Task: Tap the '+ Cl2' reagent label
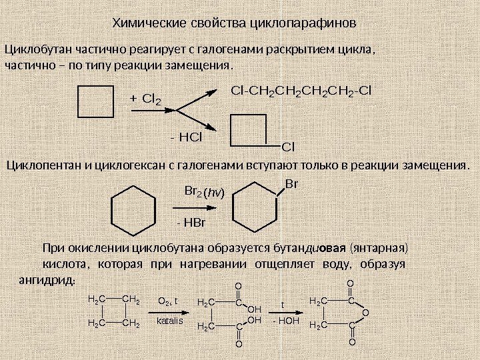pos(145,100)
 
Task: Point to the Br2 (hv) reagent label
pos(204,193)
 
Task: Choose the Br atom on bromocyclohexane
pos(291,182)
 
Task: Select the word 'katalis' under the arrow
pos(169,321)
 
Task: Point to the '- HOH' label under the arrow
pos(285,321)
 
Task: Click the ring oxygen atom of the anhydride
pos(365,313)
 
